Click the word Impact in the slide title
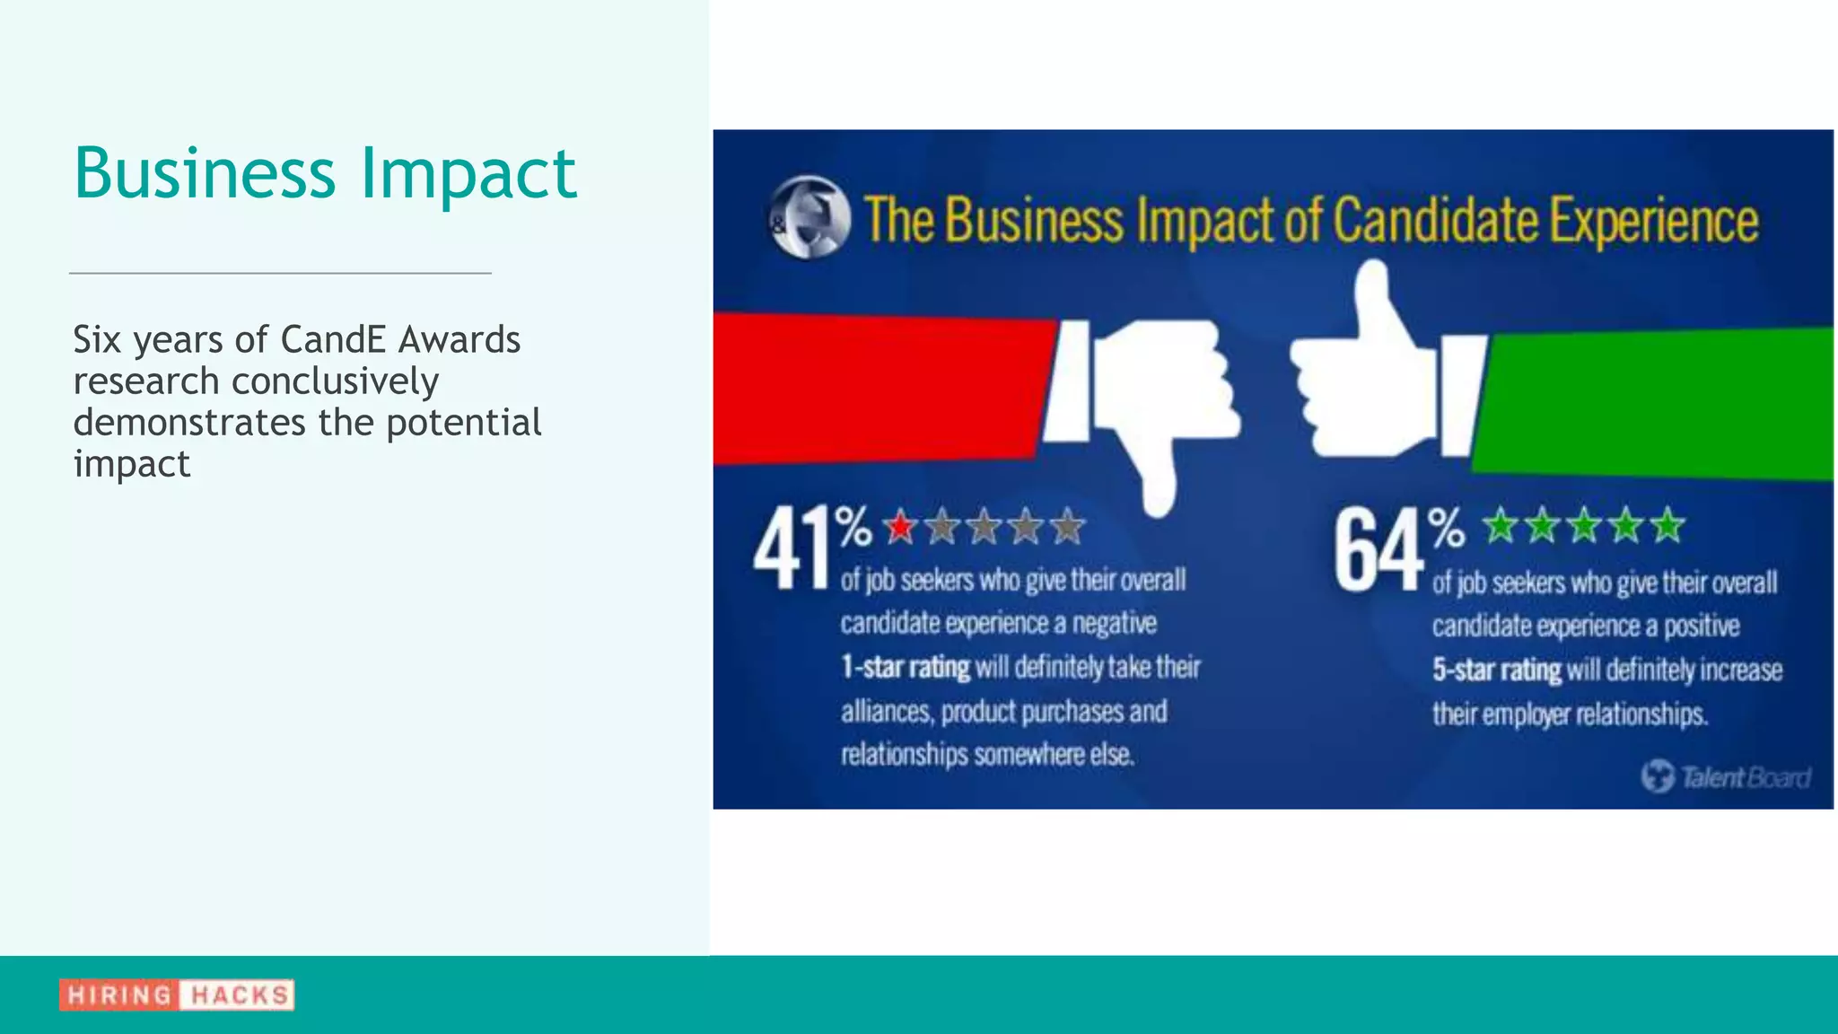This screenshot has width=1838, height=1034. (x=468, y=174)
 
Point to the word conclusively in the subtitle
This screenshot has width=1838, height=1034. (x=335, y=381)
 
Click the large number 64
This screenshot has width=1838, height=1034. (x=1377, y=549)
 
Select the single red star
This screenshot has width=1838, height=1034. (x=900, y=527)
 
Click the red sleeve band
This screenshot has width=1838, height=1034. (x=880, y=388)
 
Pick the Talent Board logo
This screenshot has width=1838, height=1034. (x=1725, y=776)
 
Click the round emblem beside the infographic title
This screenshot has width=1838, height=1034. (x=810, y=218)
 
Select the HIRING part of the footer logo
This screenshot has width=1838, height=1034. (x=118, y=995)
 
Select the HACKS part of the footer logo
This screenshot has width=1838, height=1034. (x=238, y=995)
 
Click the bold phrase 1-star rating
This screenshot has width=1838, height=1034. (x=905, y=668)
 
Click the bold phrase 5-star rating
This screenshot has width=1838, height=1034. (x=1496, y=670)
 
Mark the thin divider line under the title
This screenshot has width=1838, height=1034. (x=280, y=273)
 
